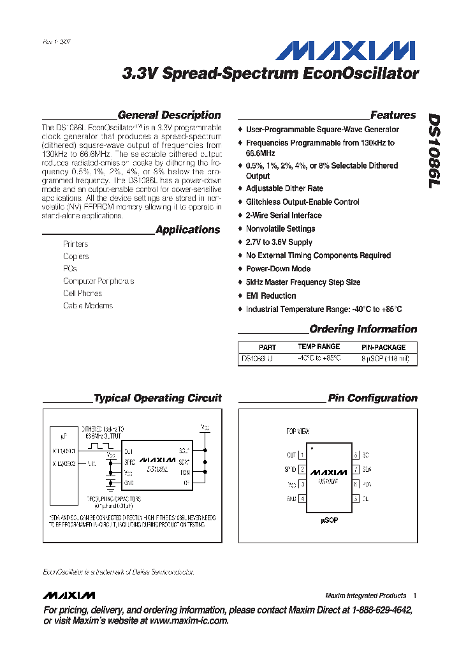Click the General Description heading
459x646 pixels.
point(170,116)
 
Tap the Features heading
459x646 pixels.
point(393,116)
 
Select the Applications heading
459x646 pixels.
point(187,230)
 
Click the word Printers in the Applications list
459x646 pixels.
point(76,244)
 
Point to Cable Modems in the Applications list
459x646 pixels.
point(88,306)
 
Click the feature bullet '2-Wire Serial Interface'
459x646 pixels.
point(284,215)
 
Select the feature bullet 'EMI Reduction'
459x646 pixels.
point(271,296)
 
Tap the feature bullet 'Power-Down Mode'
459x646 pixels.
point(278,269)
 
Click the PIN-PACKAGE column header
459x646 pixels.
point(383,347)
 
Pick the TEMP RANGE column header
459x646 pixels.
point(319,347)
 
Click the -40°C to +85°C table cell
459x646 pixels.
point(319,359)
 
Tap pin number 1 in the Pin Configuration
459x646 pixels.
point(302,455)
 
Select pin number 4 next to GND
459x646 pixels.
point(302,499)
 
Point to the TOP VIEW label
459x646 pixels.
point(298,432)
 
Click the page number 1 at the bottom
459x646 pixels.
point(414,596)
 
